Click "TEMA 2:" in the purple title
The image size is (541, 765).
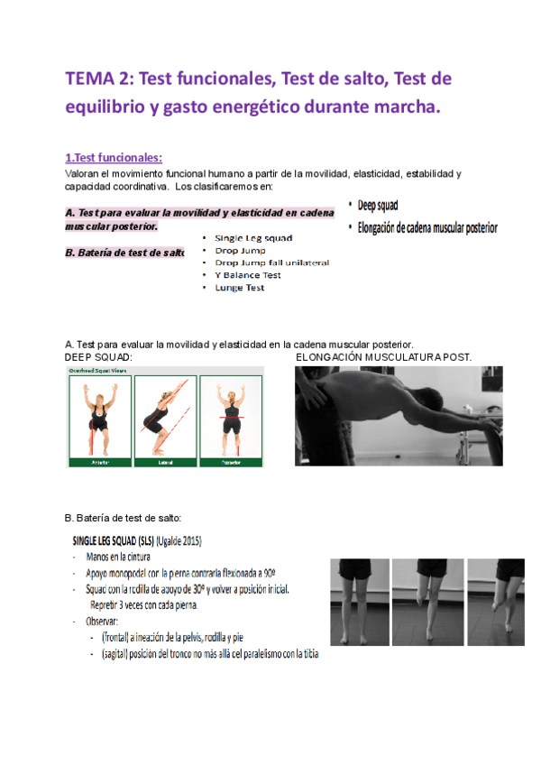pyautogui.click(x=96, y=79)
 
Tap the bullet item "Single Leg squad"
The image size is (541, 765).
pyautogui.click(x=252, y=238)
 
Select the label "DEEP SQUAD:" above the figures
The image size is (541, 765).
pyautogui.click(x=99, y=358)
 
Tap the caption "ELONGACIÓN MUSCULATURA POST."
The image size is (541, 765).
pyautogui.click(x=383, y=358)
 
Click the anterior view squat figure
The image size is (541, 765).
pyautogui.click(x=99, y=417)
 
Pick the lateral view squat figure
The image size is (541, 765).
pyautogui.click(x=164, y=417)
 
